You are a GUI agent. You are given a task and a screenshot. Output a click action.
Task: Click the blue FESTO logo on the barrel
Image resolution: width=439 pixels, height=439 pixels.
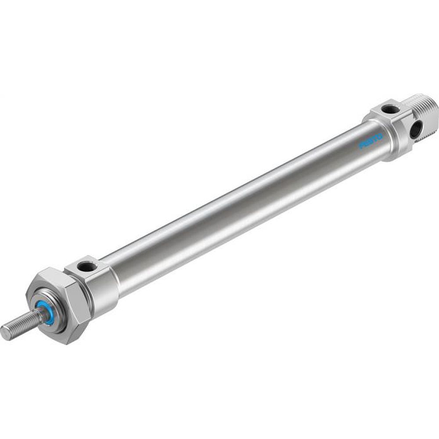pyautogui.click(x=371, y=141)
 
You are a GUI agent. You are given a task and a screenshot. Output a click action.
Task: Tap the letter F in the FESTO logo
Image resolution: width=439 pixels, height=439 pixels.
pyautogui.click(x=362, y=146)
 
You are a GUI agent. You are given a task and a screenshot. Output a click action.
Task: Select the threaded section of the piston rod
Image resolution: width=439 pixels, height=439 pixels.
pyautogui.click(x=22, y=324)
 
